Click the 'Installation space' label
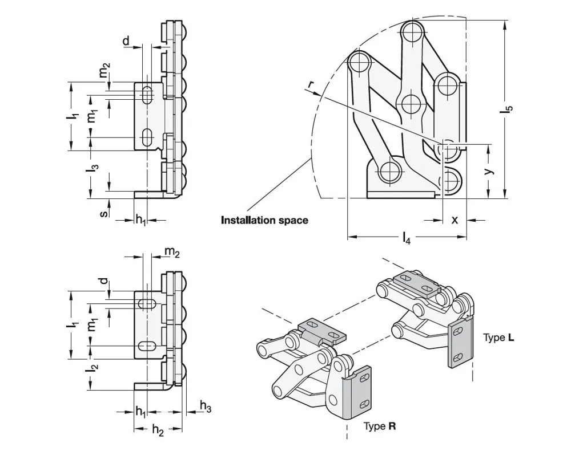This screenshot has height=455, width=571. click(264, 220)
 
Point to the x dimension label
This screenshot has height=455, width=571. click(455, 220)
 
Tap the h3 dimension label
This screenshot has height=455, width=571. click(206, 405)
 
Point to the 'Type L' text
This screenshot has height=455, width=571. click(498, 338)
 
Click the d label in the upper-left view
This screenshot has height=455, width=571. click(126, 40)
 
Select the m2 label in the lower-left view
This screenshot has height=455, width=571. click(172, 251)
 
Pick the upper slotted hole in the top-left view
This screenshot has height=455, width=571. click(147, 95)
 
